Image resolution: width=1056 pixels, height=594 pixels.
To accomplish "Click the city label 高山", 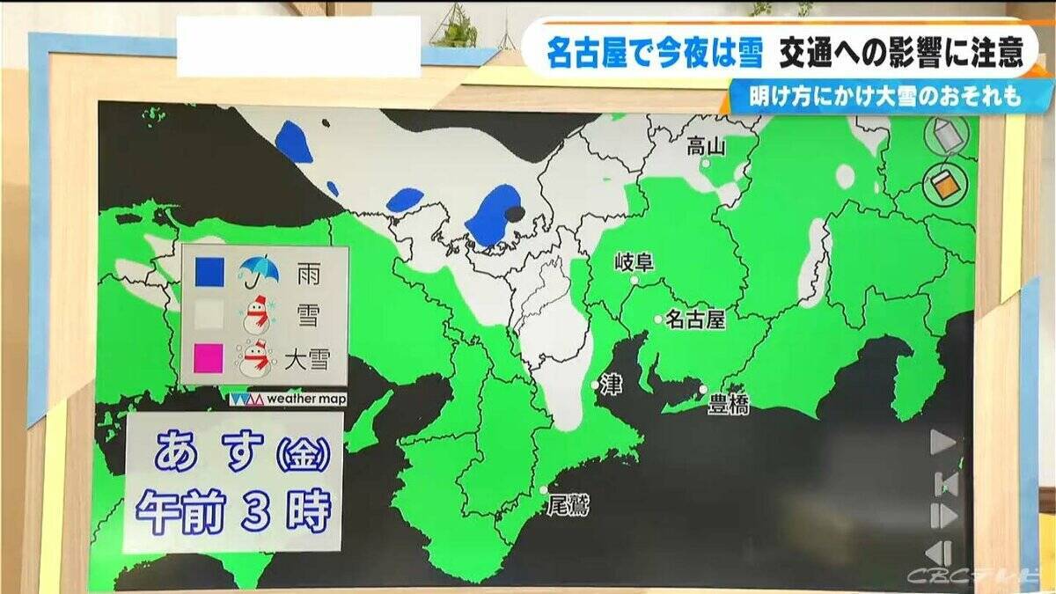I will pyautogui.click(x=706, y=147).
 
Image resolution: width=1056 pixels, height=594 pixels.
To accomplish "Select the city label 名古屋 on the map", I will pyautogui.click(x=695, y=319).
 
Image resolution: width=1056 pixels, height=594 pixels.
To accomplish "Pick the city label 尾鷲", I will pyautogui.click(x=567, y=505).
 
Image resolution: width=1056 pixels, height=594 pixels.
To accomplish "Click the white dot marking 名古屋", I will pyautogui.click(x=657, y=319).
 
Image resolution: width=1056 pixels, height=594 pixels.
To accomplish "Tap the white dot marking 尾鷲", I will pyautogui.click(x=546, y=490).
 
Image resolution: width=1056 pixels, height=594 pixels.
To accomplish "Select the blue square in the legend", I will pyautogui.click(x=209, y=273).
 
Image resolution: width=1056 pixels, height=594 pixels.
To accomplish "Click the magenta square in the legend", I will pyautogui.click(x=209, y=359).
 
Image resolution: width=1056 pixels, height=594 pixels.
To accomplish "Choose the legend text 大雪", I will pyautogui.click(x=306, y=359).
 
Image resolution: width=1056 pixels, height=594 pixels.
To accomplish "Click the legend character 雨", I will pyautogui.click(x=308, y=274).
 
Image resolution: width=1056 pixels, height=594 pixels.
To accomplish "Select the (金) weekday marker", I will pyautogui.click(x=304, y=454).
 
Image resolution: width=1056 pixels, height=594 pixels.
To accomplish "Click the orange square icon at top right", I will pyautogui.click(x=945, y=183).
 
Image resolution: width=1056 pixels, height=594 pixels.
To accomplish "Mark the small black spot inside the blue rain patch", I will pyautogui.click(x=512, y=213).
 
